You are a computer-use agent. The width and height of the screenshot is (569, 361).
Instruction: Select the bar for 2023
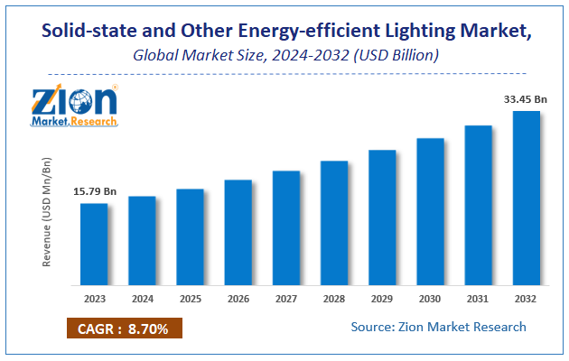(93, 244)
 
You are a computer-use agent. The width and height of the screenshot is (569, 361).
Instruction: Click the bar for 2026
(238, 232)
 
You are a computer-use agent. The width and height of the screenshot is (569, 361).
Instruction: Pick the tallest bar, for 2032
(526, 198)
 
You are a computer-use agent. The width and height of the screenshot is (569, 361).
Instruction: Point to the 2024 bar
(142, 240)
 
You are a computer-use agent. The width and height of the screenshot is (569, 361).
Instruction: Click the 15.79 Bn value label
(94, 191)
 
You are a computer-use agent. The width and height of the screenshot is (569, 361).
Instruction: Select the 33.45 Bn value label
(519, 98)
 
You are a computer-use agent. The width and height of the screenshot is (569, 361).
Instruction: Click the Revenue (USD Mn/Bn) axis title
(47, 213)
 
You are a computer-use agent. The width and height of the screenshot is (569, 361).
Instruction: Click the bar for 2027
(286, 227)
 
